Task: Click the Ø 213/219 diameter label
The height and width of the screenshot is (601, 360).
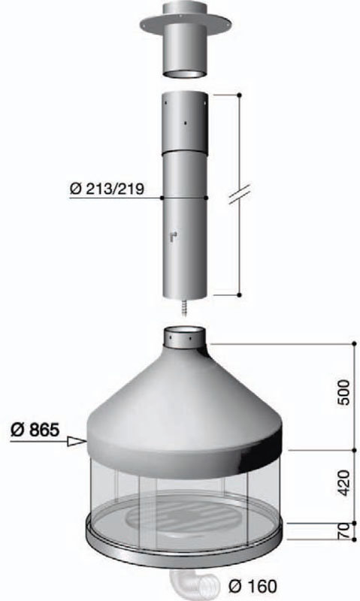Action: tap(107, 189)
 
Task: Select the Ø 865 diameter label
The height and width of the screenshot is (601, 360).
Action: tap(35, 429)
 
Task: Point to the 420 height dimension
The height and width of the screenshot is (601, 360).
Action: tap(344, 482)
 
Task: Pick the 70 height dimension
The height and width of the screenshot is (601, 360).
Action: tap(344, 530)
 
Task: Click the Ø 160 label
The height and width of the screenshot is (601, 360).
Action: tap(253, 586)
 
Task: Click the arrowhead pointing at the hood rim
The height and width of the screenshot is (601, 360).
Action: tap(77, 442)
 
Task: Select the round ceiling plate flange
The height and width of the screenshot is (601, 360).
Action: tap(186, 24)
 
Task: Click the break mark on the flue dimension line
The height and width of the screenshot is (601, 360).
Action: tap(239, 194)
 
